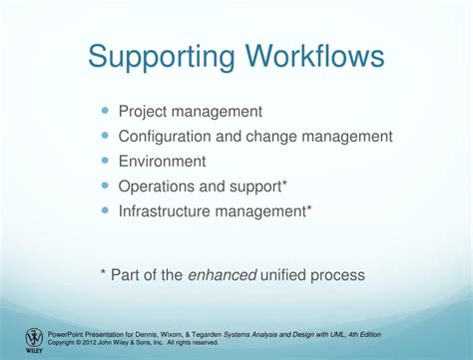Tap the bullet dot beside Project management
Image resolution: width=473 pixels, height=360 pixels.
click(x=106, y=112)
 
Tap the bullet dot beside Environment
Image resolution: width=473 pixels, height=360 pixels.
click(x=106, y=161)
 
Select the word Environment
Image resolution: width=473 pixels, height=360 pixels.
click(x=163, y=162)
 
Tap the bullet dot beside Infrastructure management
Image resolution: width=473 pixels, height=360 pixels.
click(x=106, y=210)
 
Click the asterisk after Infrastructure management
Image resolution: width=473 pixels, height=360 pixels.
click(x=309, y=208)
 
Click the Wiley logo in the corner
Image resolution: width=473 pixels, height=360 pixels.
click(x=34, y=340)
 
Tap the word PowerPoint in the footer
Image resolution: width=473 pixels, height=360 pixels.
click(x=67, y=334)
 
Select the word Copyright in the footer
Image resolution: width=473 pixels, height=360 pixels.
click(x=63, y=342)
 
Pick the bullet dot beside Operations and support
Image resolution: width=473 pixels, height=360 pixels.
click(x=106, y=185)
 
